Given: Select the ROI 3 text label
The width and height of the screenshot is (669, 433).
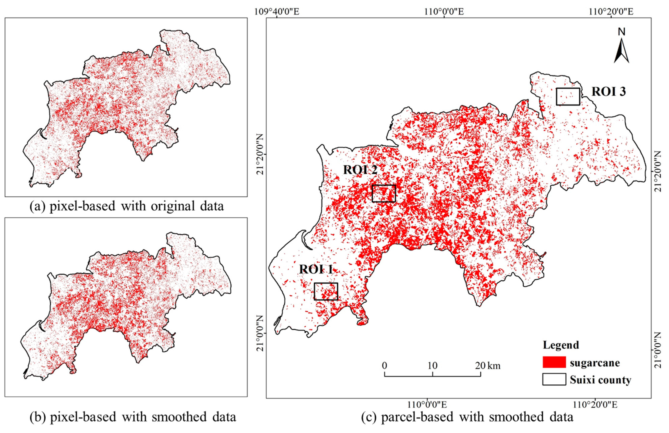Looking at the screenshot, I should pos(609,92).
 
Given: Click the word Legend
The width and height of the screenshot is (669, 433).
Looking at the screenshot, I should pos(561,345).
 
